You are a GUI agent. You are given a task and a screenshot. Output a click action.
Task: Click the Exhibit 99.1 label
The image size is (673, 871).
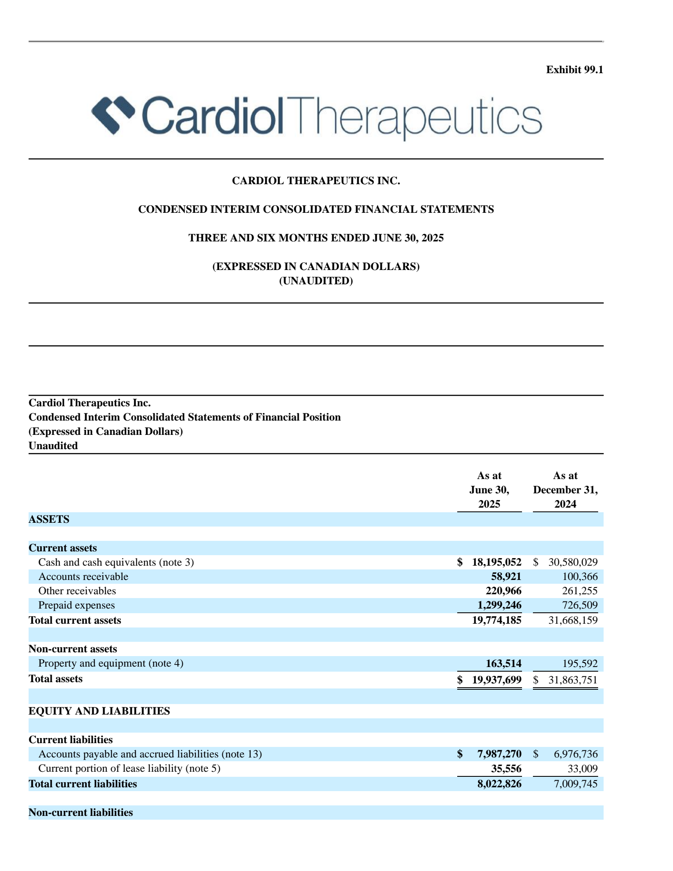(x=574, y=70)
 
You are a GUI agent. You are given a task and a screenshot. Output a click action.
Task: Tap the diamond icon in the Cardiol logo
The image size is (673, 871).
(x=113, y=114)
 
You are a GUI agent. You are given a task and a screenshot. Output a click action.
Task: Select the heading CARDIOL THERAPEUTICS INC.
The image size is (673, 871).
(x=316, y=181)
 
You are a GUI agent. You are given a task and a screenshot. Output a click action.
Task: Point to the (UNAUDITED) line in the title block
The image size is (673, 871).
(x=316, y=281)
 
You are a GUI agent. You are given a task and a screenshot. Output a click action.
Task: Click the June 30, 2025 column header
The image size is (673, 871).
(x=489, y=490)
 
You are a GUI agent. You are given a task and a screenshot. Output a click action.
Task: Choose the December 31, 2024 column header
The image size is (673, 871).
(x=565, y=490)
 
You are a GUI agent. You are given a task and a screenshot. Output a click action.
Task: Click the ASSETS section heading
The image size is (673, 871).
(x=49, y=519)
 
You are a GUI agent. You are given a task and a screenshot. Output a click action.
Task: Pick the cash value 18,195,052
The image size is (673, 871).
(x=496, y=562)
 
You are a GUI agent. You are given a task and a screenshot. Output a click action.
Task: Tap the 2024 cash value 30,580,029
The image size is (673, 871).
(x=573, y=562)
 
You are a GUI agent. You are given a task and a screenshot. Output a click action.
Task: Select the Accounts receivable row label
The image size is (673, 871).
(x=83, y=577)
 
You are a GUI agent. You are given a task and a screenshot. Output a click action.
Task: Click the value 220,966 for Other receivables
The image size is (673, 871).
(x=503, y=591)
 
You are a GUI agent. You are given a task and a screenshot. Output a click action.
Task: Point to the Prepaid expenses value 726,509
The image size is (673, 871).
(x=580, y=605)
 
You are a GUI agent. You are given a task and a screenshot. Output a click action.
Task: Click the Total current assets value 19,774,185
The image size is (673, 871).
(x=496, y=620)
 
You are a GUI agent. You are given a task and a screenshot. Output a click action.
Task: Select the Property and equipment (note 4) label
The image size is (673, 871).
(x=111, y=663)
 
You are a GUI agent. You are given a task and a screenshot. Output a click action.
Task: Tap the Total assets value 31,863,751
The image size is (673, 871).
(x=573, y=680)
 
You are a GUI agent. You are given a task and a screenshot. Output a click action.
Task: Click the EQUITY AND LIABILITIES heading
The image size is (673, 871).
(x=99, y=711)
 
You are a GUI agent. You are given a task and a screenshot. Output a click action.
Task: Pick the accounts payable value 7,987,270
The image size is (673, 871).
(x=499, y=754)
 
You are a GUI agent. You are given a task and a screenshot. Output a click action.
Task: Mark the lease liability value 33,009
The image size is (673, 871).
(x=583, y=769)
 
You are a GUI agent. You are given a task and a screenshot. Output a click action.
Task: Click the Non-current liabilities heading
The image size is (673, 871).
(x=81, y=813)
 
